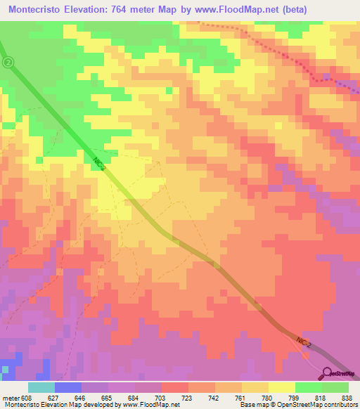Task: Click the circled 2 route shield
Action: point(8,63)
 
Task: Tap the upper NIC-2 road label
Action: point(99,163)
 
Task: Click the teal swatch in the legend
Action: point(41,387)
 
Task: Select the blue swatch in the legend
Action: point(67,387)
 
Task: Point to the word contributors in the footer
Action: point(340,404)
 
